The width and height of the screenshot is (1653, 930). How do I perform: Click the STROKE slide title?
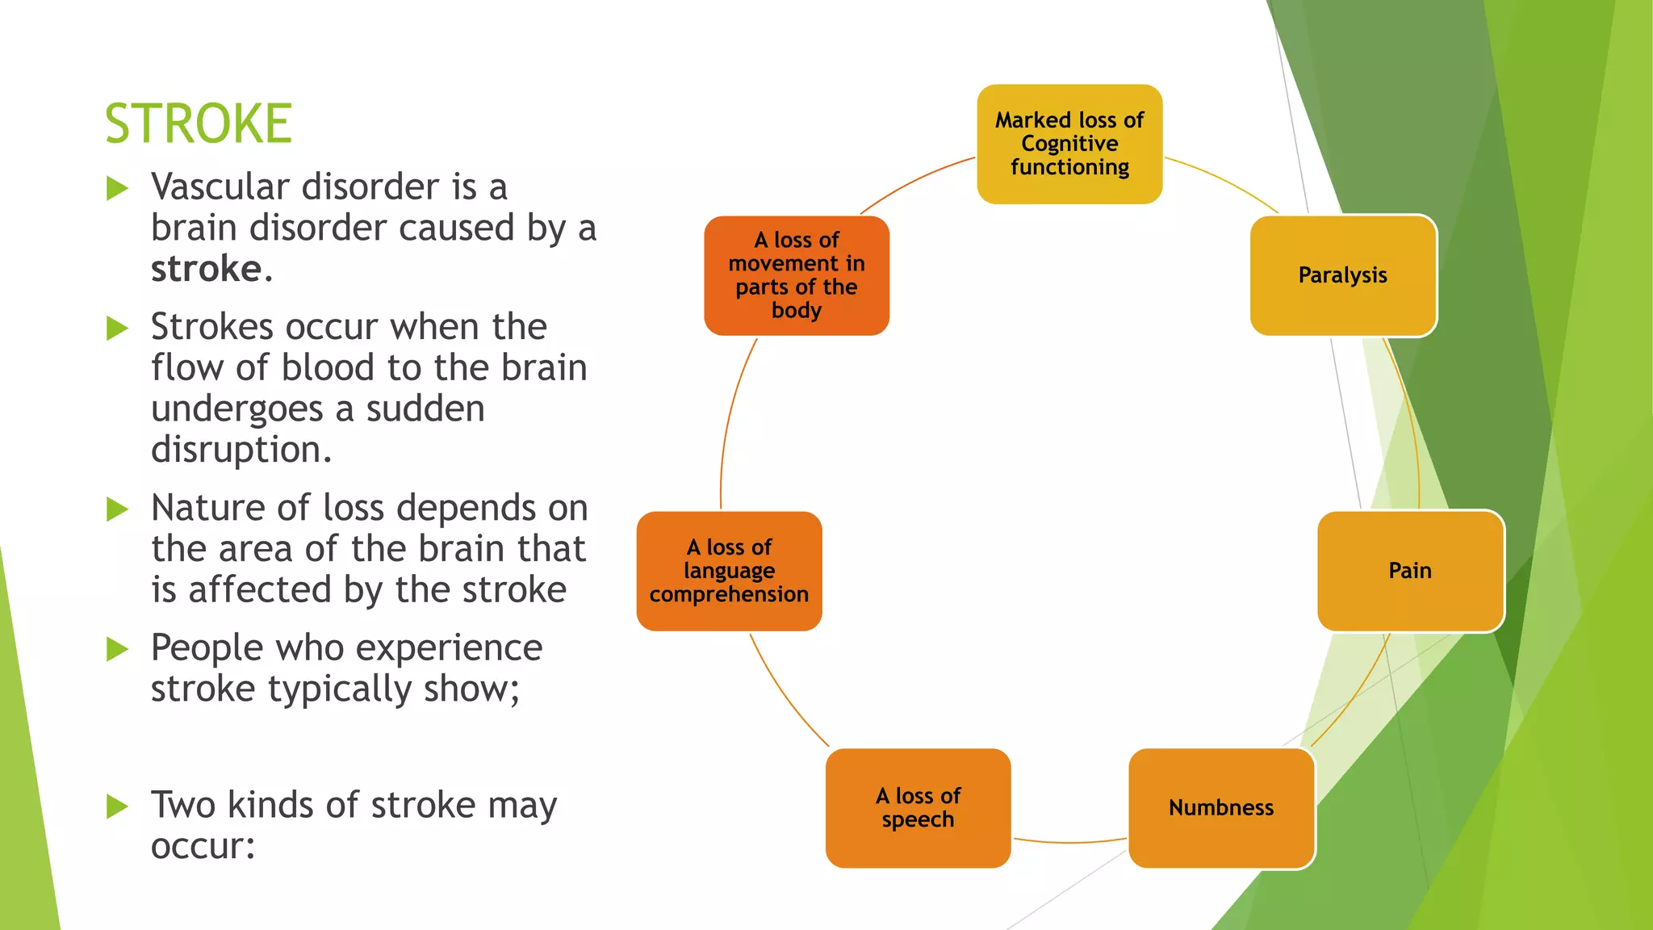point(199,124)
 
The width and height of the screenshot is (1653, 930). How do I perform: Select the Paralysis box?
point(1343,275)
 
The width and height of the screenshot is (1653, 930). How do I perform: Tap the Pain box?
point(1410,571)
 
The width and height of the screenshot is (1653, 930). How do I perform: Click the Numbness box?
point(1221,808)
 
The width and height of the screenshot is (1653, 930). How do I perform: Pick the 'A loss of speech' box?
point(918,808)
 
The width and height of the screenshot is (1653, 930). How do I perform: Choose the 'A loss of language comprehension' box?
point(729,571)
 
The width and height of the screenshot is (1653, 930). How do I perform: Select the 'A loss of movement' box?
point(797,275)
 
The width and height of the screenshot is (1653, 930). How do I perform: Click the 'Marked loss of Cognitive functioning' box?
point(1069,144)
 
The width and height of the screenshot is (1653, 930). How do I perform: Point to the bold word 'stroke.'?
point(211,269)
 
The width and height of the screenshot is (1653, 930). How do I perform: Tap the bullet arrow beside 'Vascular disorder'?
point(118,189)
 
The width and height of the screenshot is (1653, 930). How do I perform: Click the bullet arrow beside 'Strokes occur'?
point(118,329)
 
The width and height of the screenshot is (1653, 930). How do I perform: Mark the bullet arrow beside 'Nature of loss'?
point(118,509)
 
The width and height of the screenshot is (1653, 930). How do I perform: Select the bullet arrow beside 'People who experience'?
point(118,649)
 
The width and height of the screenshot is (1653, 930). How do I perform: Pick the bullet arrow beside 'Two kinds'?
point(118,806)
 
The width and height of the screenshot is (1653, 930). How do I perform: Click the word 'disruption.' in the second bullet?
point(241,450)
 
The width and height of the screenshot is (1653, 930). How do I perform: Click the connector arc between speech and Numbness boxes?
point(1069,843)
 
